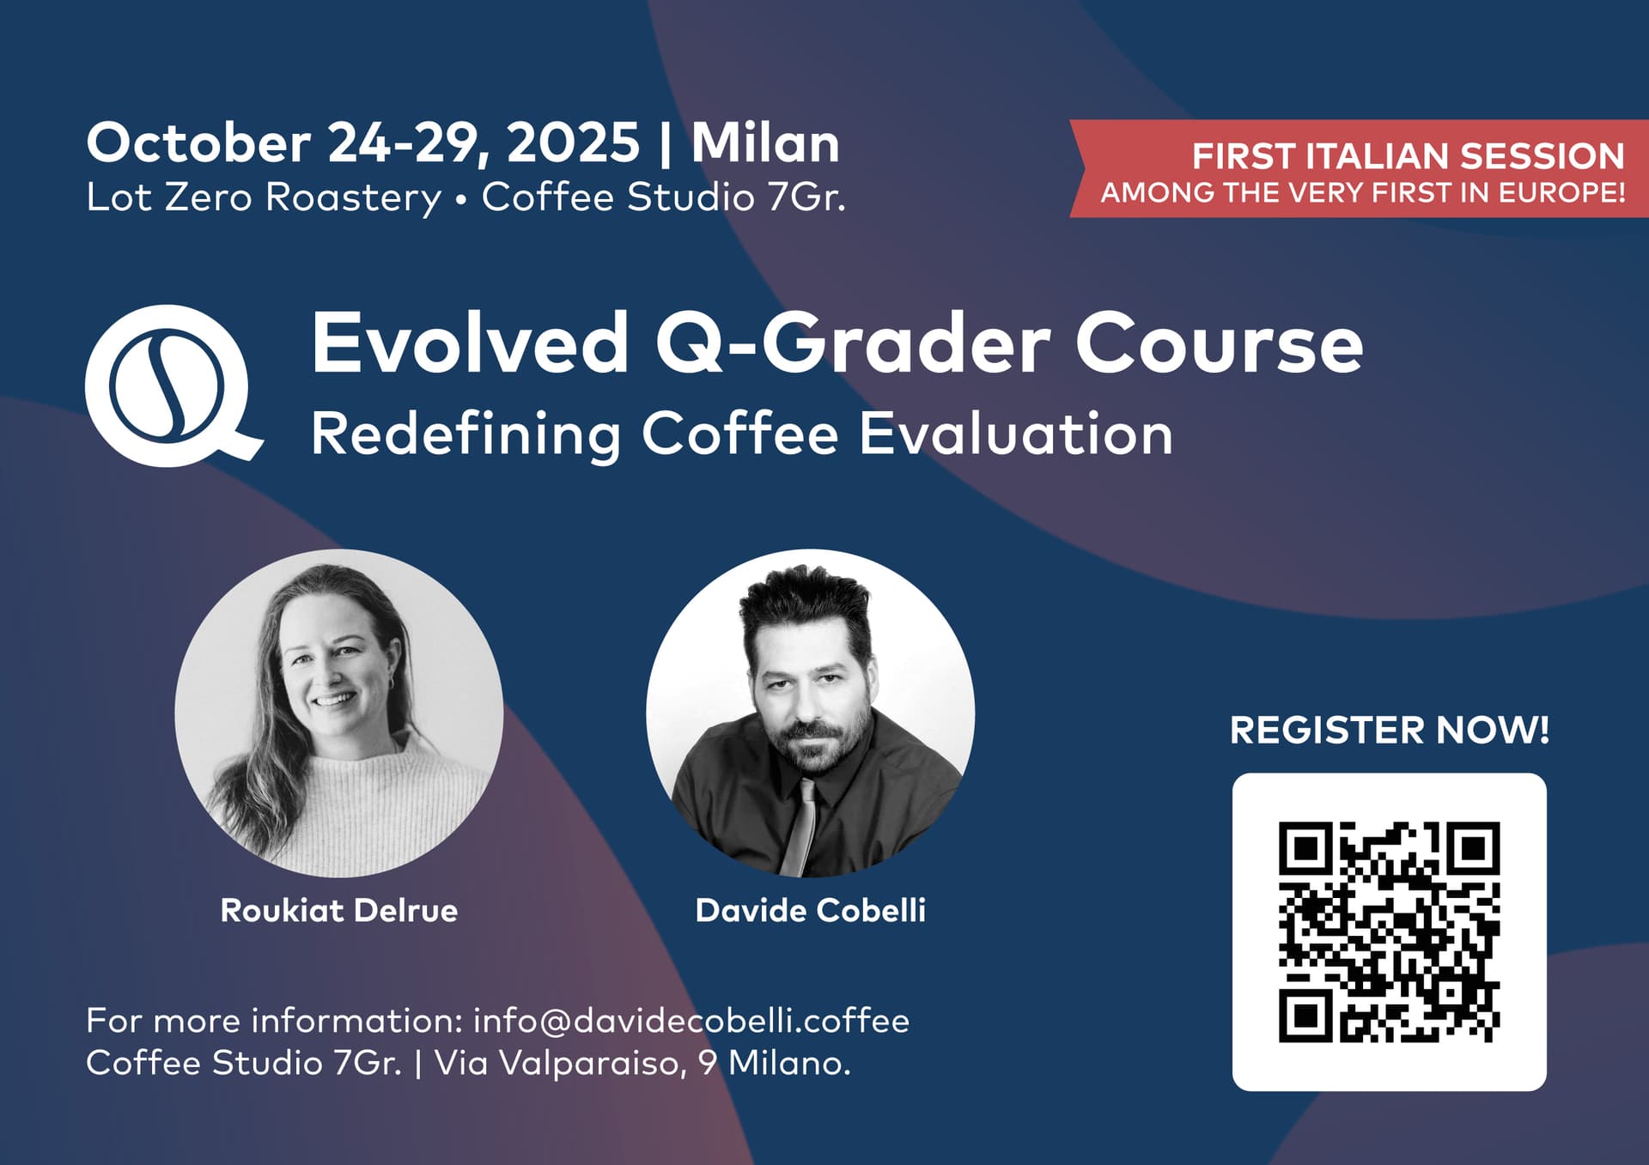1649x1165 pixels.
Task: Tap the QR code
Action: point(1389,931)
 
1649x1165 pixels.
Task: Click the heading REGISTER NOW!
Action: point(1389,730)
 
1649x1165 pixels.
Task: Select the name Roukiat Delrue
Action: point(339,910)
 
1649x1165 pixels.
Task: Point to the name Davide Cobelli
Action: point(810,910)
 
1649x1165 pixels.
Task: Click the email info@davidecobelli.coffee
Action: point(691,1021)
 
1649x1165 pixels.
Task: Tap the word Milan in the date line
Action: point(765,143)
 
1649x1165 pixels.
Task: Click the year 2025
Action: point(573,143)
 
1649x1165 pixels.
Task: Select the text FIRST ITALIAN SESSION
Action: point(1408,156)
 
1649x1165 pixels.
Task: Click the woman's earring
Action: point(392,683)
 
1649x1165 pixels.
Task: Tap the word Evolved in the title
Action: point(470,343)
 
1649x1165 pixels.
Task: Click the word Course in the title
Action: point(1219,343)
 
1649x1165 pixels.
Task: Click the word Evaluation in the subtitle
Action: point(1016,434)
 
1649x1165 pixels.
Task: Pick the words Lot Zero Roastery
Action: point(264,197)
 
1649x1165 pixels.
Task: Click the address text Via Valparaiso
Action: point(559,1063)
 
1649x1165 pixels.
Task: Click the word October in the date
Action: point(198,143)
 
